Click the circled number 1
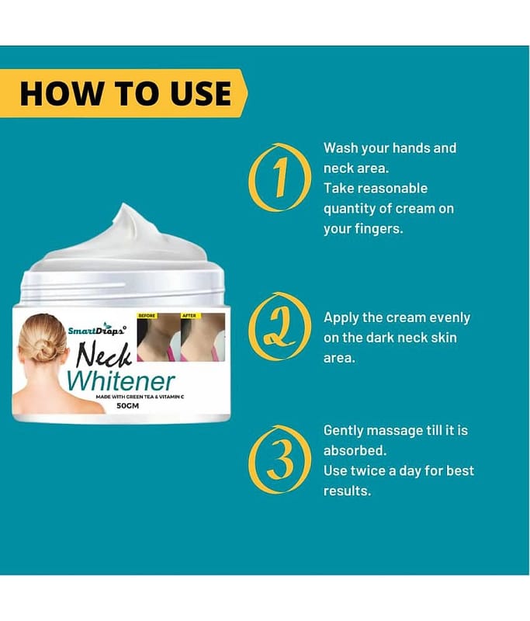[x=280, y=177]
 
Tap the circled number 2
[x=279, y=326]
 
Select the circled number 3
[x=280, y=460]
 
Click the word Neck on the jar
[x=103, y=355]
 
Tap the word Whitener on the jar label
[x=120, y=380]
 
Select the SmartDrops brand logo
[x=97, y=329]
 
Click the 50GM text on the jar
[x=128, y=406]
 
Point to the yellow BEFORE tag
[x=147, y=316]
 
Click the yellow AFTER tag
[x=189, y=316]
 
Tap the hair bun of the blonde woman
[x=43, y=349]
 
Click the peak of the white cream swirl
[x=124, y=204]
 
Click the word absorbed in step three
[x=355, y=451]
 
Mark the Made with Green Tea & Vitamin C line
[x=140, y=397]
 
